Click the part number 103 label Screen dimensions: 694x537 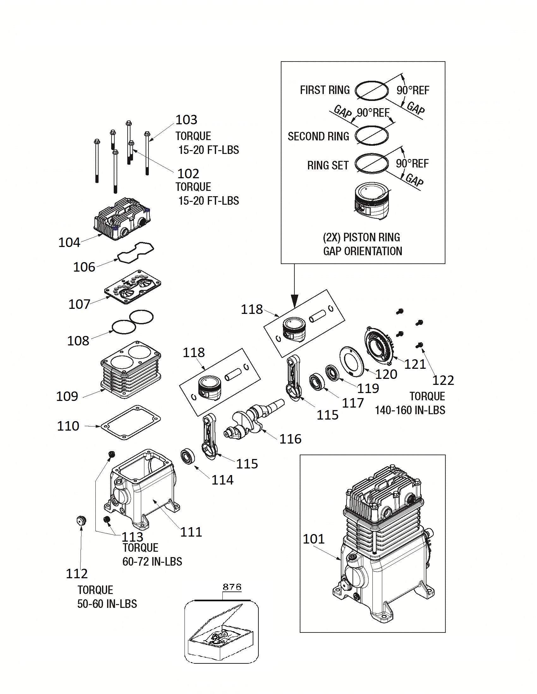pos(186,120)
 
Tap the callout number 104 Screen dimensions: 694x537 pos(69,243)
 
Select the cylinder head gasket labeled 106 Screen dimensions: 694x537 pos(136,252)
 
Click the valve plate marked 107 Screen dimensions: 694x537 pos(133,287)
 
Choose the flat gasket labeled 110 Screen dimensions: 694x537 pos(131,423)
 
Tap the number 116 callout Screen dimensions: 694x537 pos(290,439)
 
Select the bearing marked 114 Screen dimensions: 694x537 pos(188,456)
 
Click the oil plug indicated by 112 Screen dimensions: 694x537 pos(81,521)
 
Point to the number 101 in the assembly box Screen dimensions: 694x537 pos(314,539)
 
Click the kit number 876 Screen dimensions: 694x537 pos(232,587)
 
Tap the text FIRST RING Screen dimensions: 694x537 pos(325,90)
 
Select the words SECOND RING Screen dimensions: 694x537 pos(318,136)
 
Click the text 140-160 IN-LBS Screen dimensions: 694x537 pos(410,410)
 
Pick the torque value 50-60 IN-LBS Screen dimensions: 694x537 pos(107,604)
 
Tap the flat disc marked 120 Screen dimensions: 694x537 pos(352,361)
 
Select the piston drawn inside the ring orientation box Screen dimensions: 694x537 pos(371,201)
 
